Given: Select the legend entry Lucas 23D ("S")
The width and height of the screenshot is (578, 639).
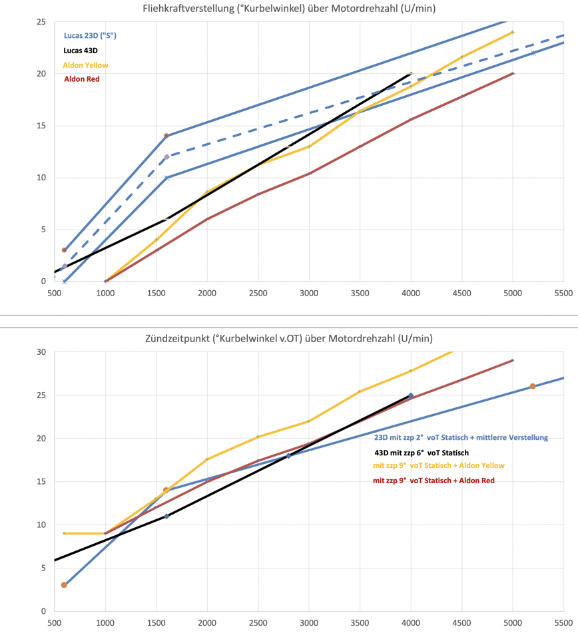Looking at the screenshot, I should click(91, 35).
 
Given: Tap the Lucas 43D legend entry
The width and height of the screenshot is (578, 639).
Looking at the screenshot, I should click(81, 50).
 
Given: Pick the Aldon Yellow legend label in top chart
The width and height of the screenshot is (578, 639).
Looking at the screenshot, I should click(85, 65).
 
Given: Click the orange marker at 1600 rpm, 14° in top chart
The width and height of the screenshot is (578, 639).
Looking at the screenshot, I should click(166, 136).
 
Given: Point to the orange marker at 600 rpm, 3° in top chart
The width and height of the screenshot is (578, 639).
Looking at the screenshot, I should click(65, 250).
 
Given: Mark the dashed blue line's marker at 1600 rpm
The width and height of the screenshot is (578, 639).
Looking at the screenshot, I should click(166, 157).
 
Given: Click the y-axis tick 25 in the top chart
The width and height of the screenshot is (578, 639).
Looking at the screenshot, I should click(41, 22).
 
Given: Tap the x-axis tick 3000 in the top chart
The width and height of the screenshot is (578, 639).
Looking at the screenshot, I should click(309, 292).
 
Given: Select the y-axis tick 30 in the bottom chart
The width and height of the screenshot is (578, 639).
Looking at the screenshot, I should click(41, 351).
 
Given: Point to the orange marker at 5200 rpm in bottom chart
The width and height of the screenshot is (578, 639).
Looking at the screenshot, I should click(533, 386).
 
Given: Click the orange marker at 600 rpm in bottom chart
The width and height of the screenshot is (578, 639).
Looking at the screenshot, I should click(65, 585).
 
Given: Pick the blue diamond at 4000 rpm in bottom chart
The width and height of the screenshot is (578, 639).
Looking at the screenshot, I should click(411, 395).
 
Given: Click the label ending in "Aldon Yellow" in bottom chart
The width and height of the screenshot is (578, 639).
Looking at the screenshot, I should click(439, 466).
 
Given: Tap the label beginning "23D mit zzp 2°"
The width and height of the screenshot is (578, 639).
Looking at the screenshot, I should click(461, 437).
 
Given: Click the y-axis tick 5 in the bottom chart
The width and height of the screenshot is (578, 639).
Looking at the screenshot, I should click(43, 568).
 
